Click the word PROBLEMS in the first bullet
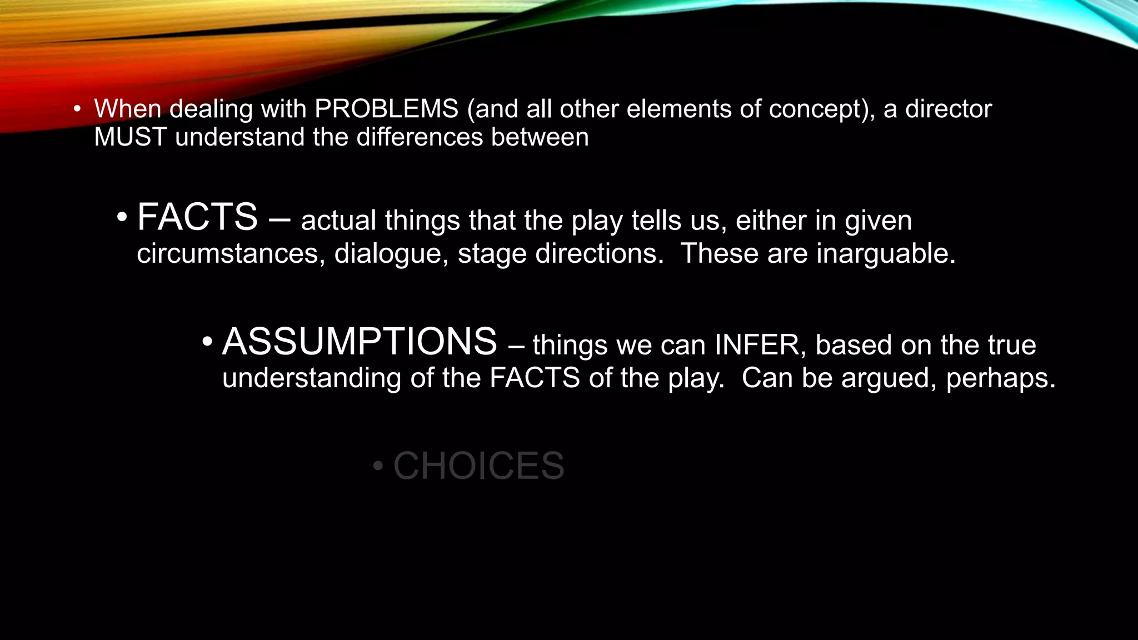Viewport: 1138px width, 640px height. pos(386,109)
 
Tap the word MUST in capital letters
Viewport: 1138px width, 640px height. pos(131,137)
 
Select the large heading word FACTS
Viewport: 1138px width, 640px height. pos(197,217)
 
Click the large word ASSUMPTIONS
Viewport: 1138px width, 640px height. pos(360,342)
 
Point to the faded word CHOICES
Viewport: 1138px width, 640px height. pos(478,466)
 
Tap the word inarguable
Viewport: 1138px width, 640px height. pos(886,254)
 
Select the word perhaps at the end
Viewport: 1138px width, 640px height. pos(1000,379)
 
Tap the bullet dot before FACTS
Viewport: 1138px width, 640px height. pos(122,217)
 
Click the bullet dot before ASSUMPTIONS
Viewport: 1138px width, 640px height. pos(207,342)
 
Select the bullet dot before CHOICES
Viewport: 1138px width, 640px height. pos(378,466)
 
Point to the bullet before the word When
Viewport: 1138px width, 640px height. pos(77,109)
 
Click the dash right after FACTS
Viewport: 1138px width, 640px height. pos(279,219)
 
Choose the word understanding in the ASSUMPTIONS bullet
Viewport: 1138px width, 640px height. pos(311,378)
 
